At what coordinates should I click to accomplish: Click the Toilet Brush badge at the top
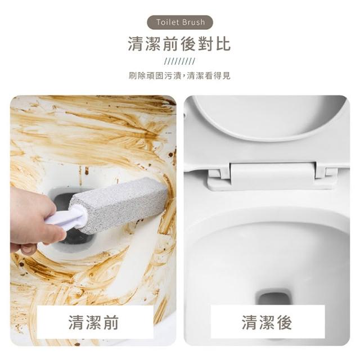click(x=180, y=22)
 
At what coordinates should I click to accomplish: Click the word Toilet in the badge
click(x=168, y=22)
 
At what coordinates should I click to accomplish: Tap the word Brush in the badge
click(x=193, y=22)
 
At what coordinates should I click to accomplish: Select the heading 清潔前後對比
click(x=179, y=44)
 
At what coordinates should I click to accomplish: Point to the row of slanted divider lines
click(x=179, y=61)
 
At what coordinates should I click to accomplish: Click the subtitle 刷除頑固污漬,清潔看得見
click(x=179, y=75)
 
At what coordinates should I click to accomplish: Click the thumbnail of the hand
click(x=29, y=249)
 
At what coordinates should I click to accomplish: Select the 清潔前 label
click(x=93, y=322)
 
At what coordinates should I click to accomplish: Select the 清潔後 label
click(x=267, y=322)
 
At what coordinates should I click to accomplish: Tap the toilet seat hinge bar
click(x=273, y=176)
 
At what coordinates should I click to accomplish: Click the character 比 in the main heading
click(x=223, y=44)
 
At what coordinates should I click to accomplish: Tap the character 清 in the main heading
click(x=136, y=44)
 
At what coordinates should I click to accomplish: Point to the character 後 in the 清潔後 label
click(x=284, y=322)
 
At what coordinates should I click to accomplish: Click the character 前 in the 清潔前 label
click(x=111, y=322)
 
